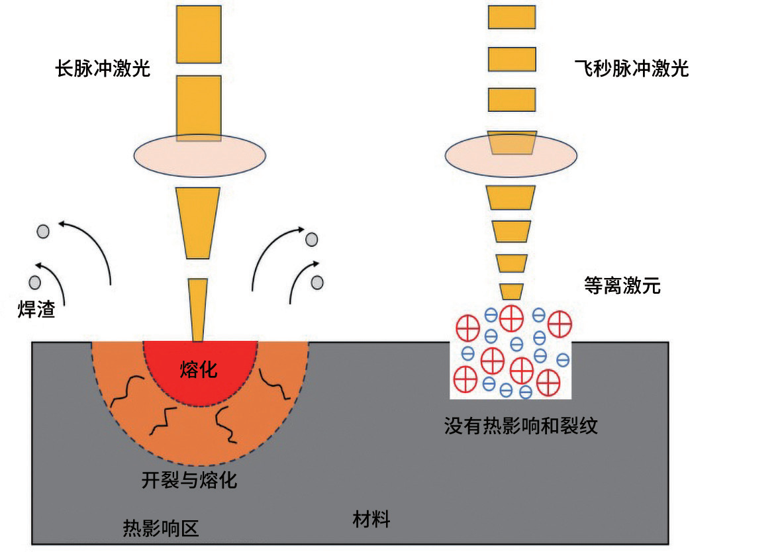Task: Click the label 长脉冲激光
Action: click(103, 68)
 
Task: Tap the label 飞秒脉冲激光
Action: click(632, 68)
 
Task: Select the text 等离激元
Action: click(622, 286)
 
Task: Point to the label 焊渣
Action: click(36, 309)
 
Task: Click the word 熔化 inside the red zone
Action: click(199, 369)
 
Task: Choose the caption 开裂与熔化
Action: click(189, 480)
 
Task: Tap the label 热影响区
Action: click(161, 528)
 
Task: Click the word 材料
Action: click(371, 519)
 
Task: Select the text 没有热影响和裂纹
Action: click(520, 426)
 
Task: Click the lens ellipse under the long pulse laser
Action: click(199, 155)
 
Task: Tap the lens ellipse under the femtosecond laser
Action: click(511, 155)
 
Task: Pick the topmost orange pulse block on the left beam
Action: click(199, 34)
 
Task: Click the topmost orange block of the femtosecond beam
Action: click(512, 17)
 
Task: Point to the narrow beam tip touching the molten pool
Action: click(197, 310)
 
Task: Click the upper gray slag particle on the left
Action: click(44, 232)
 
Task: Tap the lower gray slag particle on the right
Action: click(317, 283)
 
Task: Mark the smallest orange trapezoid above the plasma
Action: click(511, 292)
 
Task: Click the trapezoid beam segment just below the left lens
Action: click(197, 223)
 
